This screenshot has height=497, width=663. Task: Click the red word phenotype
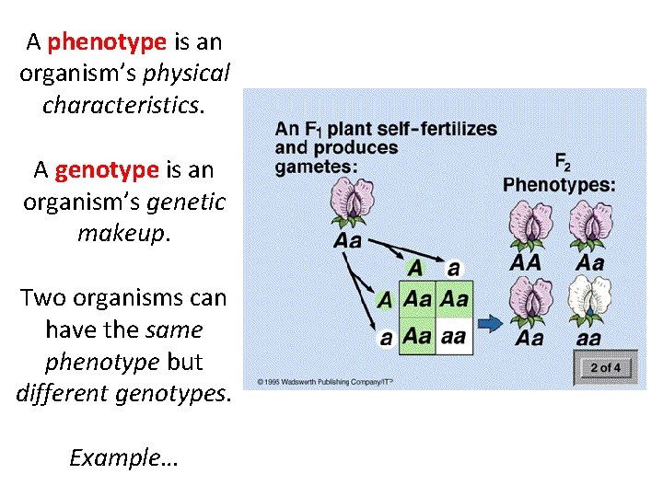(x=107, y=41)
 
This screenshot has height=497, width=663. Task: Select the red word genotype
(x=107, y=169)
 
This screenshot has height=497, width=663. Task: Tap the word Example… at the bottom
(x=123, y=457)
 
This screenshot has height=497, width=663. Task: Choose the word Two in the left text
(x=44, y=297)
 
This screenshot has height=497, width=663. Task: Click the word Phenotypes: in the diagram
(x=559, y=185)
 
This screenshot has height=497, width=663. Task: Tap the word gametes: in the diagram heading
(x=315, y=166)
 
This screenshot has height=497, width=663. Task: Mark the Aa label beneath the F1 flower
(x=346, y=241)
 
